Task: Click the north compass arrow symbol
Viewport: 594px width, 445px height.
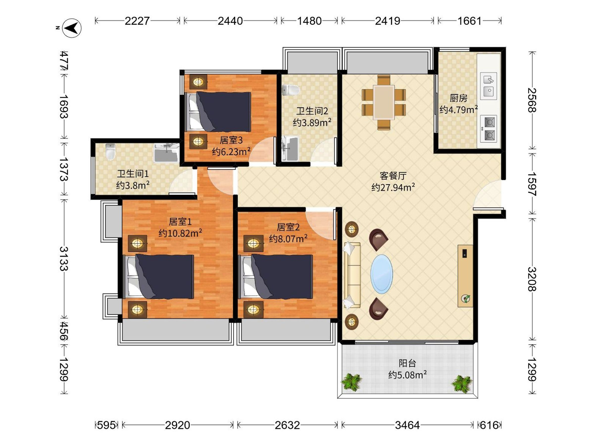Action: (72, 28)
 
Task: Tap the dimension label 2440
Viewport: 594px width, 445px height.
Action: (230, 21)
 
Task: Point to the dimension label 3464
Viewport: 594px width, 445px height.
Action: (407, 425)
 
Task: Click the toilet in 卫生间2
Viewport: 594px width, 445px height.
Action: (291, 90)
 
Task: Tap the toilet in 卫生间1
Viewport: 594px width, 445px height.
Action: (110, 152)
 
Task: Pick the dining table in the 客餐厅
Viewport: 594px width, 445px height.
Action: (384, 102)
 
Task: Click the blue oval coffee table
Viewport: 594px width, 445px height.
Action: (382, 274)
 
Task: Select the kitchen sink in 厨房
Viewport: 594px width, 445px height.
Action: (489, 86)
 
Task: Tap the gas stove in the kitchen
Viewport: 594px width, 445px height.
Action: (489, 129)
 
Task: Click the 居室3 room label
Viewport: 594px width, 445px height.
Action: (231, 140)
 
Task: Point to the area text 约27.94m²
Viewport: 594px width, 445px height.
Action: (393, 187)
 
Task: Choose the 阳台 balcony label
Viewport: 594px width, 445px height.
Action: (407, 363)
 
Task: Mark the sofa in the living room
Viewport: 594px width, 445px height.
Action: (352, 275)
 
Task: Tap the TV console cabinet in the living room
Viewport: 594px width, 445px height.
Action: (465, 276)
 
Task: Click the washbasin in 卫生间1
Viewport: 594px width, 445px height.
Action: (167, 153)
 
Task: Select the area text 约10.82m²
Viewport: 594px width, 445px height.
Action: (180, 233)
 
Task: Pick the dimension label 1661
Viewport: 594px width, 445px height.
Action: (470, 21)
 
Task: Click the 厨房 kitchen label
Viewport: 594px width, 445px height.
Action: (458, 98)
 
